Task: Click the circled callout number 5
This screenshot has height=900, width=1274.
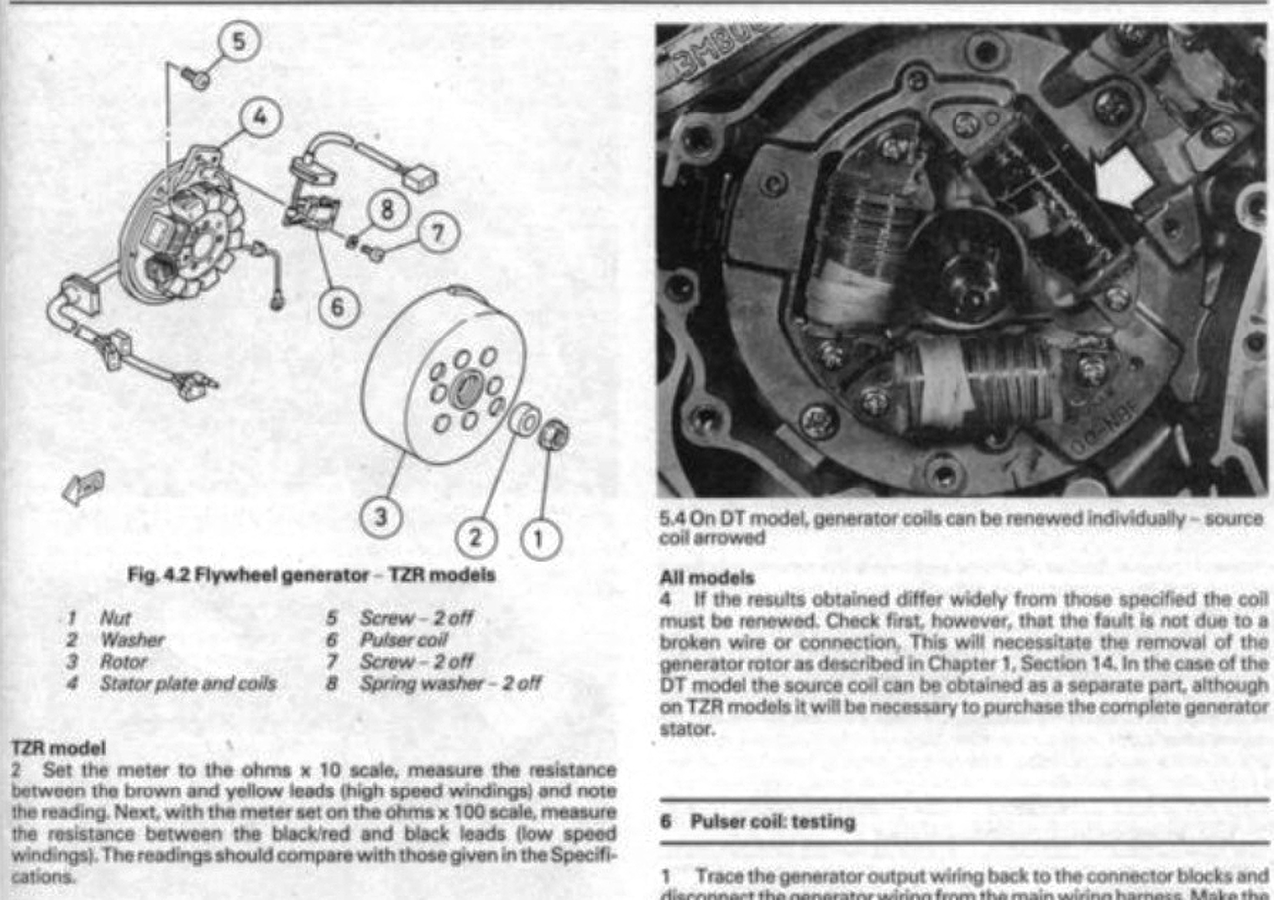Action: [x=239, y=43]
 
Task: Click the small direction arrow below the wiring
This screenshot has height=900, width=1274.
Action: [x=83, y=488]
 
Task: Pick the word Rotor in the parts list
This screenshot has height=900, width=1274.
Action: [x=122, y=661]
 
